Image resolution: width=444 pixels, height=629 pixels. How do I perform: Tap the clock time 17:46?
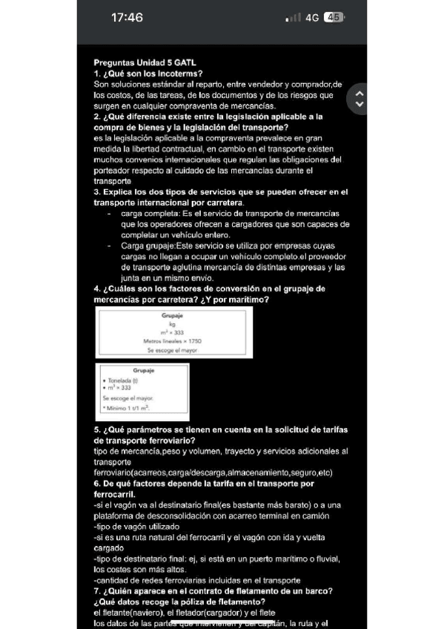(127, 18)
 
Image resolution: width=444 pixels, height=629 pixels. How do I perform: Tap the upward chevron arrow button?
(360, 93)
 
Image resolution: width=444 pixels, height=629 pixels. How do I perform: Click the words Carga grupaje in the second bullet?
(147, 245)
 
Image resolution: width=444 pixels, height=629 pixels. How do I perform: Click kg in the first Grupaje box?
(172, 324)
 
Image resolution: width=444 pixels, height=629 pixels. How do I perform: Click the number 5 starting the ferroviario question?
(97, 429)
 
